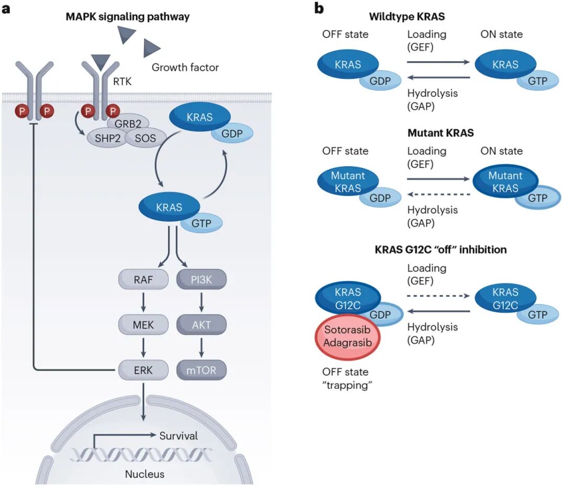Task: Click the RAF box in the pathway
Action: coord(143,280)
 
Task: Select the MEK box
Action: coord(143,325)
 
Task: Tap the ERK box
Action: coord(143,370)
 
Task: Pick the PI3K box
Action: coord(201,280)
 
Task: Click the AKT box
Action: coord(201,325)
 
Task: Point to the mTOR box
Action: coord(201,370)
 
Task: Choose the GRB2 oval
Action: coord(128,124)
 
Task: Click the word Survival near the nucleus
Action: coord(178,435)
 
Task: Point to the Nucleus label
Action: coord(144,474)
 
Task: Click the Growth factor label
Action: coord(185,67)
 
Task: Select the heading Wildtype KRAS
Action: coord(406,16)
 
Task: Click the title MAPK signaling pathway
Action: coord(127,17)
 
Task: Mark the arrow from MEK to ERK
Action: coord(143,348)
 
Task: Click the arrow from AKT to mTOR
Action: coord(201,348)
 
